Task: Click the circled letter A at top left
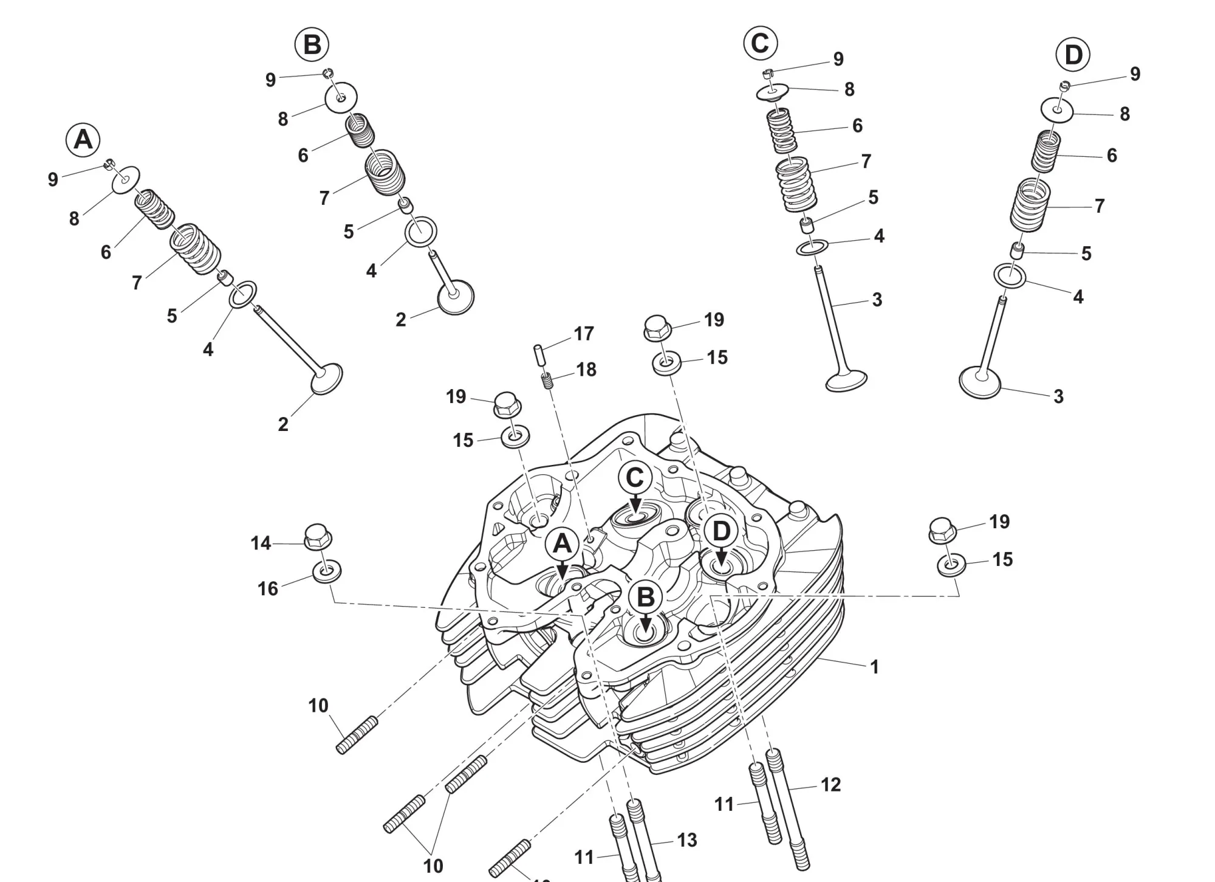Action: [83, 140]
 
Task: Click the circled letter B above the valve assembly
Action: [312, 45]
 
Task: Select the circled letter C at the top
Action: [760, 43]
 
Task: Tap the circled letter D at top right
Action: [1073, 55]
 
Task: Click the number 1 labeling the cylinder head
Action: [874, 667]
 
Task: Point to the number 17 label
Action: [583, 333]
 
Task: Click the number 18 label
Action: [586, 369]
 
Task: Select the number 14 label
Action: [261, 543]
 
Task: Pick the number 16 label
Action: [267, 588]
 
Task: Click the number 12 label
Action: [830, 784]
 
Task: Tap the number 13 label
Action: [686, 839]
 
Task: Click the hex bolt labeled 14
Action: [318, 536]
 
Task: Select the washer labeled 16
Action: [326, 571]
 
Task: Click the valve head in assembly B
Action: [456, 297]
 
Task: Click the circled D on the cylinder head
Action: [720, 532]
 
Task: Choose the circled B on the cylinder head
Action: [645, 598]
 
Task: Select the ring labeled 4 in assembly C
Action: [812, 247]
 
